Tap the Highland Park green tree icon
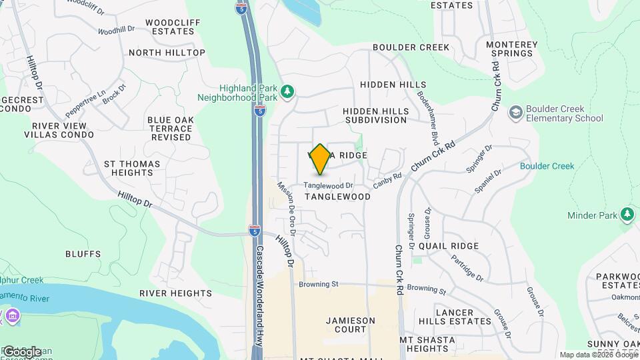pyautogui.click(x=287, y=91)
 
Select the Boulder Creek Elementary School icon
pyautogui.click(x=515, y=113)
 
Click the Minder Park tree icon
pyautogui.click(x=626, y=215)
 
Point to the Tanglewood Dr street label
pyautogui.click(x=328, y=185)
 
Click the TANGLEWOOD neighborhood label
pyautogui.click(x=337, y=197)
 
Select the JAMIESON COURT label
pyautogui.click(x=351, y=325)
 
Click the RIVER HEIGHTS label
pyautogui.click(x=175, y=293)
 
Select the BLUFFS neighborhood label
pyautogui.click(x=83, y=254)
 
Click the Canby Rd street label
pyautogui.click(x=387, y=179)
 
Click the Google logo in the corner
pyautogui.click(x=22, y=351)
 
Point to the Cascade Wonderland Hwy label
pyautogui.click(x=259, y=293)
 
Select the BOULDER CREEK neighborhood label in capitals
pyautogui.click(x=411, y=47)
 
